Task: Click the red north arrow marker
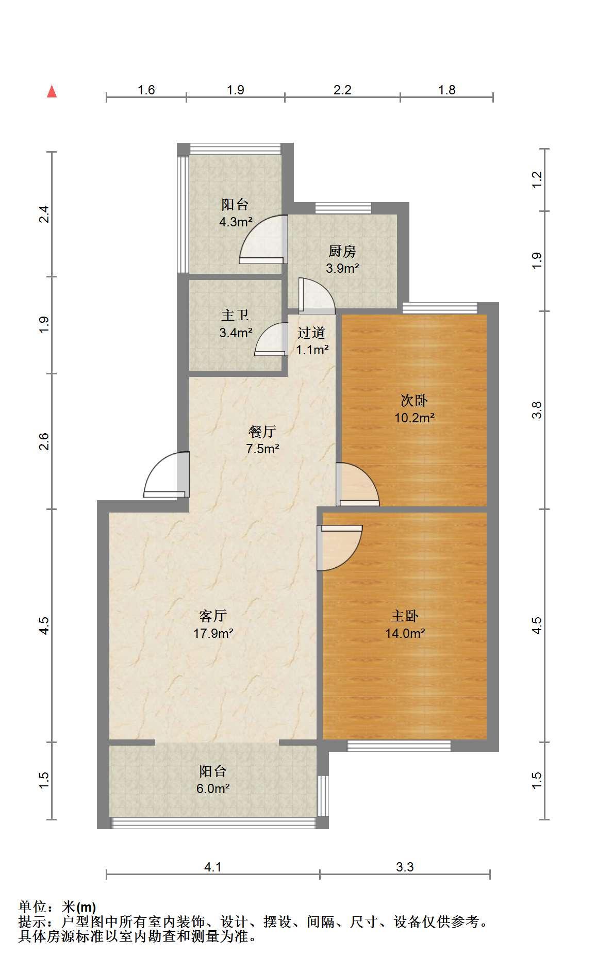coord(52,91)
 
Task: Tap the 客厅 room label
coord(213,615)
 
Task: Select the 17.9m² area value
coord(213,633)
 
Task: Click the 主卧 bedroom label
coord(405,615)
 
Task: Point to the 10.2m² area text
coord(415,418)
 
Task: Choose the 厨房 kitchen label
coord(342,251)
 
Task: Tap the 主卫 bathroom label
coord(235,315)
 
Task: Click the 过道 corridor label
coord(311,333)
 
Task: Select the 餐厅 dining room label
coord(262,431)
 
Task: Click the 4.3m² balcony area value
coord(236,222)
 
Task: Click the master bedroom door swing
coord(340,548)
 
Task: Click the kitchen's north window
coord(343,208)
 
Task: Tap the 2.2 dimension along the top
coord(342,90)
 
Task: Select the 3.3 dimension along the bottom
coord(405,867)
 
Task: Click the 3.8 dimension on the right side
coord(537,410)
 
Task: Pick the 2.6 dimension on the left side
coord(44,441)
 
